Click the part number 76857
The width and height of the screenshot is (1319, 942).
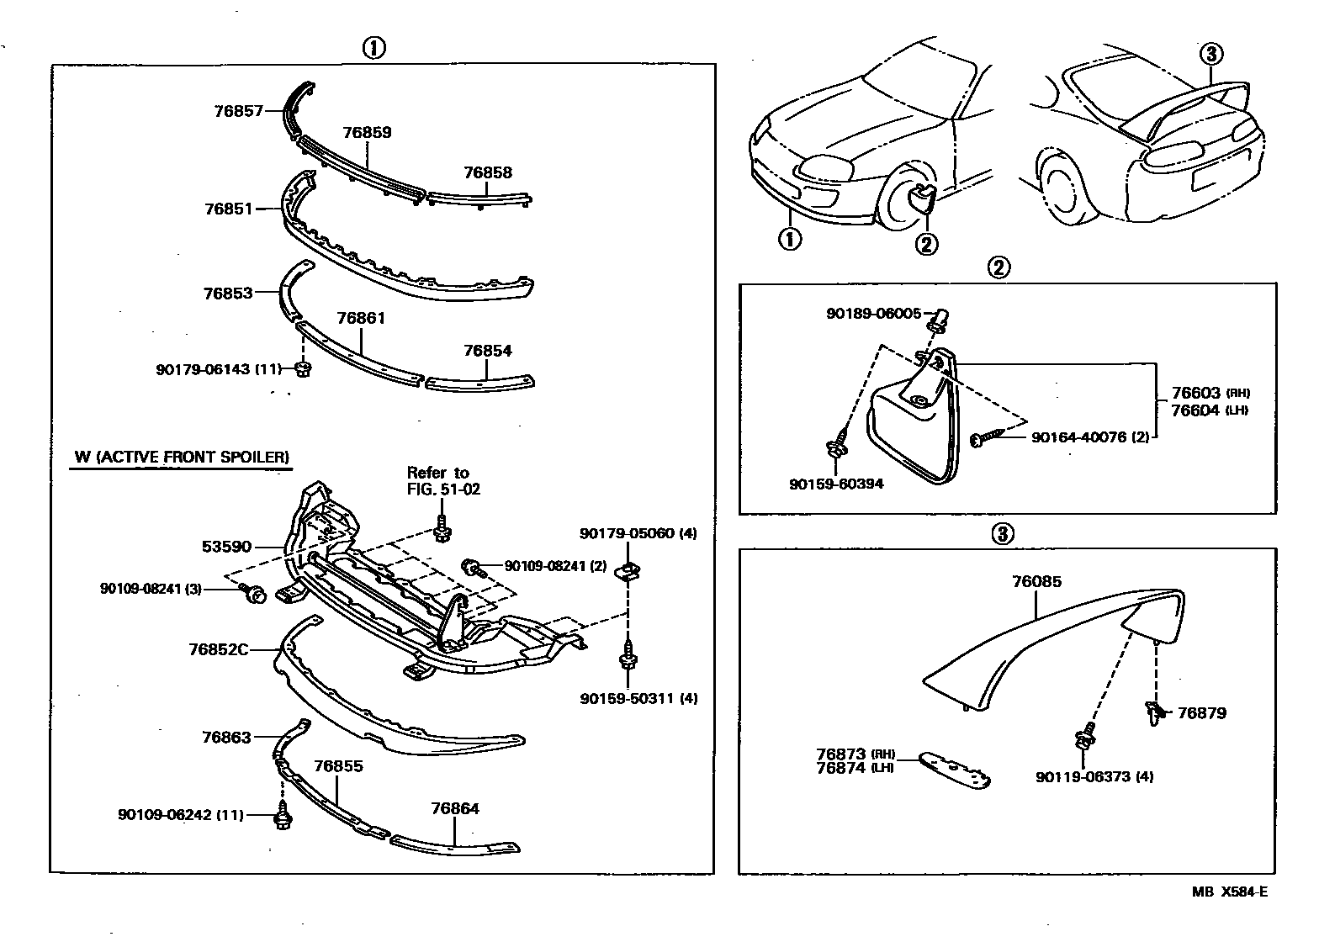[x=238, y=110]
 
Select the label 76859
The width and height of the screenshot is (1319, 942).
[x=367, y=132]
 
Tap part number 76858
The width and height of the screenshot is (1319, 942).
[x=487, y=172]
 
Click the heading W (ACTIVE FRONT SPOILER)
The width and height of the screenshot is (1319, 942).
[x=182, y=458]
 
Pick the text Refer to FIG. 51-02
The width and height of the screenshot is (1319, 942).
[x=443, y=480]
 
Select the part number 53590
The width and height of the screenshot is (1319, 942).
[x=226, y=547]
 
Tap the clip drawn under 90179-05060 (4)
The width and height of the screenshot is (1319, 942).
[x=627, y=571]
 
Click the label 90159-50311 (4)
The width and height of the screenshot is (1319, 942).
[x=638, y=698]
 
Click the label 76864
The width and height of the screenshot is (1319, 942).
[x=454, y=808]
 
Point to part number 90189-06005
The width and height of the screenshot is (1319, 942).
[x=873, y=313]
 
